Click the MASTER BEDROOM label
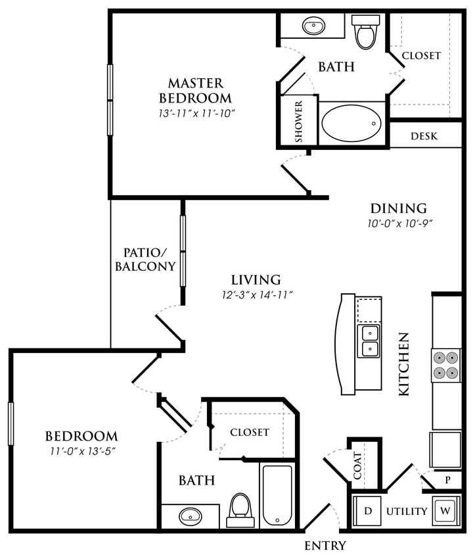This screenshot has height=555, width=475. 196,91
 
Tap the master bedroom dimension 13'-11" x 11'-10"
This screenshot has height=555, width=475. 196,113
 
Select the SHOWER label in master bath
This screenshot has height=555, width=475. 299,122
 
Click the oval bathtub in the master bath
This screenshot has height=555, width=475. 351,122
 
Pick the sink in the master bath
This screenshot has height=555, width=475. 314,27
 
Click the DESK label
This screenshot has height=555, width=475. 424,137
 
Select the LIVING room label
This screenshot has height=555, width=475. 256,279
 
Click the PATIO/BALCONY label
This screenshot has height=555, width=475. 145,259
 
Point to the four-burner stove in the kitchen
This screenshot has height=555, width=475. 446,366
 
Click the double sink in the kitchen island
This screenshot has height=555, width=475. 369,341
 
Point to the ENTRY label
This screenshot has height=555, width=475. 325,545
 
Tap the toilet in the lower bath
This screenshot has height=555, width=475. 240,510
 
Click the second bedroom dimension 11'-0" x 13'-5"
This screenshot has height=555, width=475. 81,450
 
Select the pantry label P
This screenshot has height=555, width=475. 447,480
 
